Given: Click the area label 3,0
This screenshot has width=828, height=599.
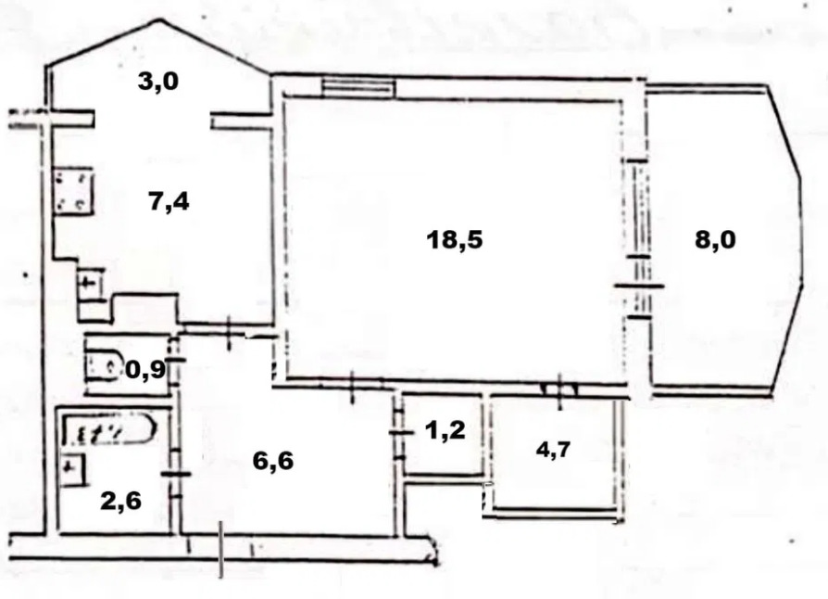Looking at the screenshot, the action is pyautogui.click(x=158, y=82).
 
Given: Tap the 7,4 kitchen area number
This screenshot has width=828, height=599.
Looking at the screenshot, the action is pyautogui.click(x=169, y=201).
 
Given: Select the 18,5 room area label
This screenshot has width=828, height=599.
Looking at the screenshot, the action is pyautogui.click(x=455, y=240).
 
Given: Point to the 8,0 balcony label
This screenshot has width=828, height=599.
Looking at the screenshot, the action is pyautogui.click(x=715, y=240).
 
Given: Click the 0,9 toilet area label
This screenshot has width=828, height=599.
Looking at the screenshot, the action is pyautogui.click(x=145, y=371).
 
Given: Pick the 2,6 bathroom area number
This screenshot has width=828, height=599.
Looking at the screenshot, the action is pyautogui.click(x=121, y=501).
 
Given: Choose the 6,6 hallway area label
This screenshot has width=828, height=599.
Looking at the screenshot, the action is pyautogui.click(x=273, y=461).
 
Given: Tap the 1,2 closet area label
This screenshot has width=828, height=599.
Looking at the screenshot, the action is pyautogui.click(x=445, y=431).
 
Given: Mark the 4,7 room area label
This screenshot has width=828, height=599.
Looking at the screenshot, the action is pyautogui.click(x=554, y=451).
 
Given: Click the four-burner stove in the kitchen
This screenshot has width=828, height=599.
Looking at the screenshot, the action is pyautogui.click(x=73, y=190).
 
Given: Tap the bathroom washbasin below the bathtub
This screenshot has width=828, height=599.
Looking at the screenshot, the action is pyautogui.click(x=73, y=469).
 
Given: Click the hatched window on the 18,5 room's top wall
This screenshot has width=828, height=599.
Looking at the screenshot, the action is pyautogui.click(x=358, y=88).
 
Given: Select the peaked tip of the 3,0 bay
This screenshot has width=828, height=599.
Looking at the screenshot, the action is pyautogui.click(x=158, y=20).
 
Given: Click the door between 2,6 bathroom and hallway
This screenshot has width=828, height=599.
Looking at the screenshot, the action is pyautogui.click(x=175, y=474).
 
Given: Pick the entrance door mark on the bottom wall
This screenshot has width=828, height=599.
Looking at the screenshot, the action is pyautogui.click(x=221, y=549).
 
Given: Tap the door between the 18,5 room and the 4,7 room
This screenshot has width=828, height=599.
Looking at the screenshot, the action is pyautogui.click(x=559, y=390).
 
